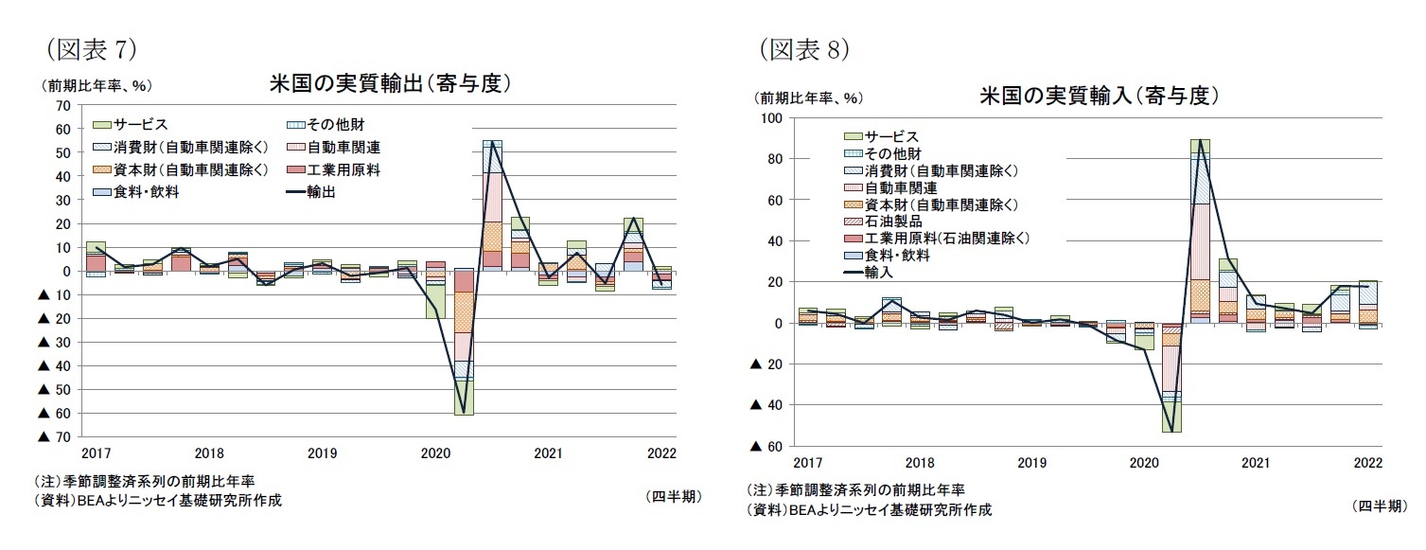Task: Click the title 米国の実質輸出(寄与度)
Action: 390,84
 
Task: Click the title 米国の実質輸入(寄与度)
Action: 1098,96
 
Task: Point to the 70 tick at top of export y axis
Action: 63,105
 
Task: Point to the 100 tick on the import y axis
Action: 772,117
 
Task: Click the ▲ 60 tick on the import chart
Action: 764,446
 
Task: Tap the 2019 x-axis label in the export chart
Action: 322,453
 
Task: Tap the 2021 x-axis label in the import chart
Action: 1255,464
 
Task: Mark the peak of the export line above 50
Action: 492,142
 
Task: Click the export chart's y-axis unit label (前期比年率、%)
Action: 92,85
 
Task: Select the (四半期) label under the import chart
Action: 1379,506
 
